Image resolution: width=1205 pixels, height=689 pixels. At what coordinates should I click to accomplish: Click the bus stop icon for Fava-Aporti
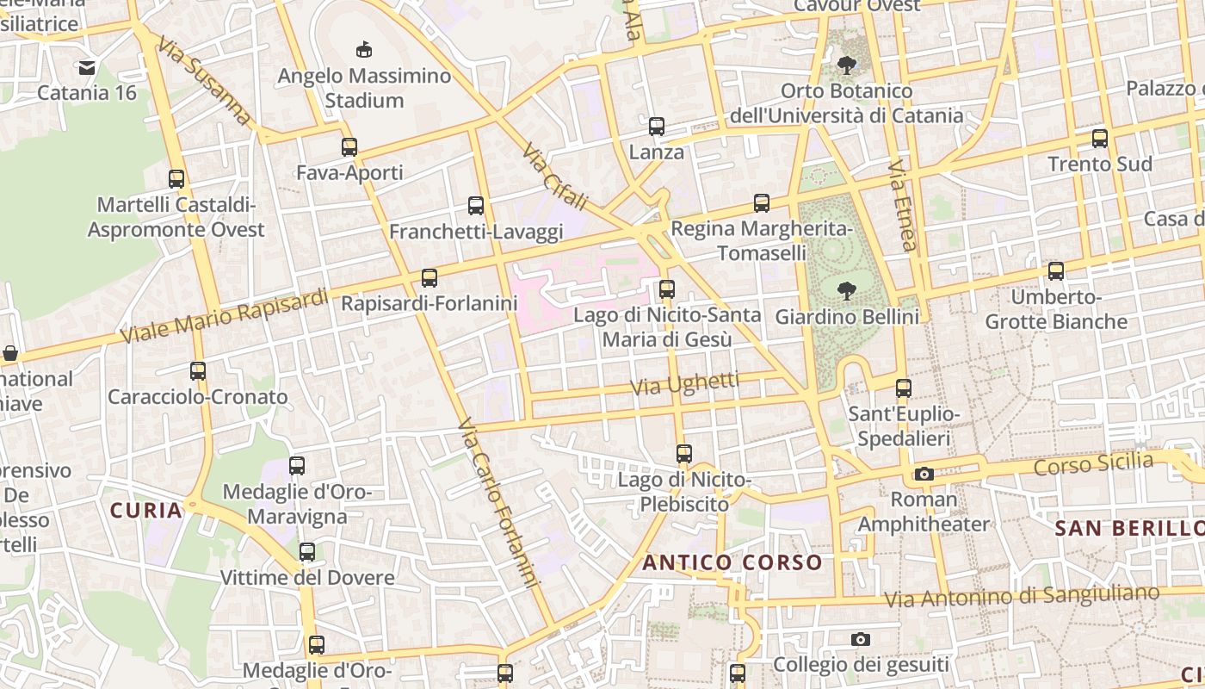349,147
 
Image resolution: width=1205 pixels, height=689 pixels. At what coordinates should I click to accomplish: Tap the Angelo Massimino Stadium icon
364,50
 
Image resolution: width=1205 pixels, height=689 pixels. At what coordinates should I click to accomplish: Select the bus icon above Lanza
657,127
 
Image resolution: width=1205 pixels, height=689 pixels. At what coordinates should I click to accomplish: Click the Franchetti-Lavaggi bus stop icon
476,206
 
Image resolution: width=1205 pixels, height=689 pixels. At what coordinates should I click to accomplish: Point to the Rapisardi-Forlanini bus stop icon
429,278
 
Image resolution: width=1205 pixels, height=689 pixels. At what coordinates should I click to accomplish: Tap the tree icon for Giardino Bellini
847,290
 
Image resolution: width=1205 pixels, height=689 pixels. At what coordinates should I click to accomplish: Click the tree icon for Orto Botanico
847,65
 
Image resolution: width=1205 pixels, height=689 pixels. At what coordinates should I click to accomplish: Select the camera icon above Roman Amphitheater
924,474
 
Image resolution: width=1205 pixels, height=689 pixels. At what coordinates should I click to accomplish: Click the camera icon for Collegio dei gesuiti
860,639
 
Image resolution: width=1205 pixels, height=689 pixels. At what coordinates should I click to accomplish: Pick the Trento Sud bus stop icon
1099,139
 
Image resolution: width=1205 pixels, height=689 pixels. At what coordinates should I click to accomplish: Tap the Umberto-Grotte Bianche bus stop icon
1056,271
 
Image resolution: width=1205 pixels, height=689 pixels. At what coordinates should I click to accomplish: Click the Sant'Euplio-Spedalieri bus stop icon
903,388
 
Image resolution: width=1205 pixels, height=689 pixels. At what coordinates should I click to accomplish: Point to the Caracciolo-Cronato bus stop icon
198,371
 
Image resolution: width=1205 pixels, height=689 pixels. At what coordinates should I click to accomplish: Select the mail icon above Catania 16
87,67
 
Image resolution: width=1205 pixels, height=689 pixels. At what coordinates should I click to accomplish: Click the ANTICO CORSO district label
732,563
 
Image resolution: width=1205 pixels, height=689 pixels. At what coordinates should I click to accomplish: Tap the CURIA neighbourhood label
146,510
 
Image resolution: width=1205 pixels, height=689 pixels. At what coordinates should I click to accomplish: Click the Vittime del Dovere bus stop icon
307,552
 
